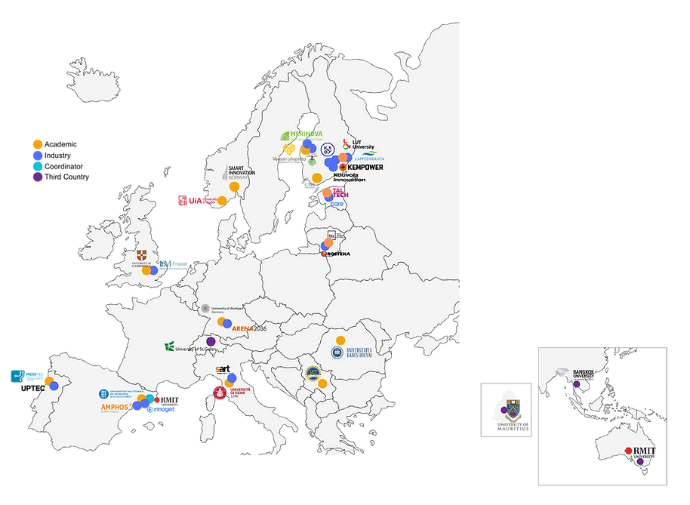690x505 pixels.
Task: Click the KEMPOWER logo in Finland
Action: click(362, 167)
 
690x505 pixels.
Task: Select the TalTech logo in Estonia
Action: click(340, 192)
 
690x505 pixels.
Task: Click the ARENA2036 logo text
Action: click(249, 328)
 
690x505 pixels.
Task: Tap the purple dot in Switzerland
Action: click(211, 341)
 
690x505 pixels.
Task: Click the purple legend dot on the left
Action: click(36, 178)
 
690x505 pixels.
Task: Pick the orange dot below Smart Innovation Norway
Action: click(234, 186)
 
